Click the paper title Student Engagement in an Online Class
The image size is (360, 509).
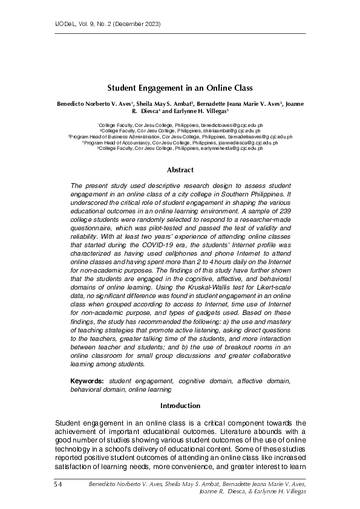(x=180, y=88)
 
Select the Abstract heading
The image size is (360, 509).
(x=180, y=170)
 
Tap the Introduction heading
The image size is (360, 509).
(x=180, y=405)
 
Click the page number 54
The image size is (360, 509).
(x=58, y=484)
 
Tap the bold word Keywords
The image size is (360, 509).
(x=87, y=381)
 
